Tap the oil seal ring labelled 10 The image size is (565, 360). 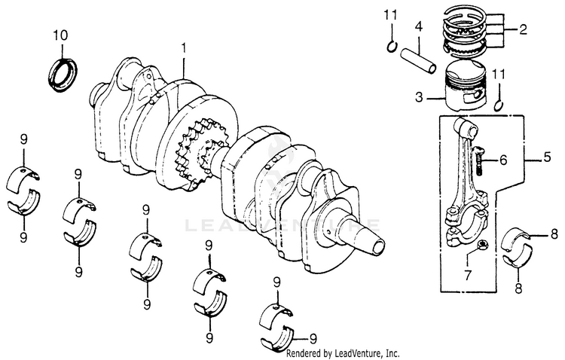coord(62,72)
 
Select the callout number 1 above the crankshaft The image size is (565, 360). coord(182,48)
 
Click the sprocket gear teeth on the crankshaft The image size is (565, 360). coord(187,147)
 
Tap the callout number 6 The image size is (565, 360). coord(504,160)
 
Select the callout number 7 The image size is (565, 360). coord(466,275)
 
